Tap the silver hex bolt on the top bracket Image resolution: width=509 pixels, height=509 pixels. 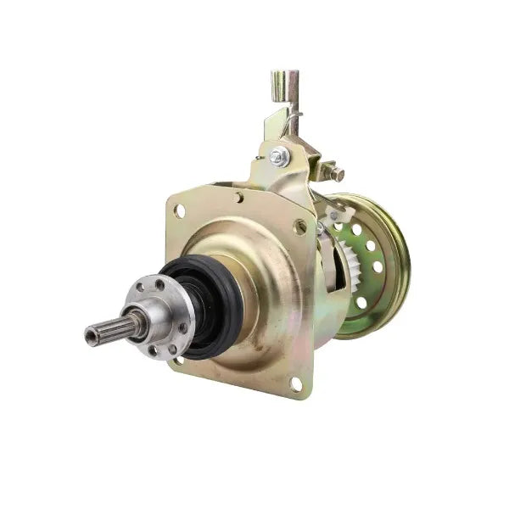click(x=278, y=156)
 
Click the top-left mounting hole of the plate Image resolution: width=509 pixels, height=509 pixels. click(x=180, y=210)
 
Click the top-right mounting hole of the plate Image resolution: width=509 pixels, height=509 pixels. click(x=299, y=227)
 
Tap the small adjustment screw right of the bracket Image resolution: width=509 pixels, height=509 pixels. click(x=336, y=175)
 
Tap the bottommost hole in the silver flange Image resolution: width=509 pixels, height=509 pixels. click(x=152, y=349)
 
